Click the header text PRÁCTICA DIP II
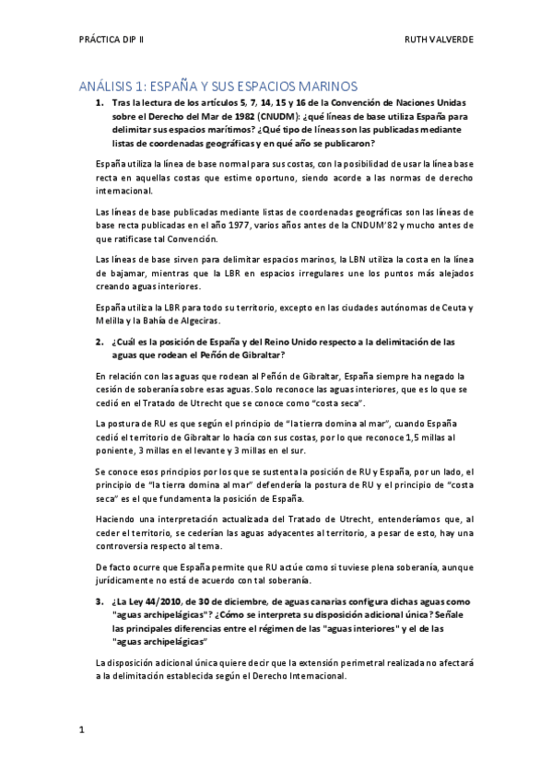112,41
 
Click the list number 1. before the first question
100,104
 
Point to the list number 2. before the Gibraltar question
100,342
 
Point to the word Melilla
112,321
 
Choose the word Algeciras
196,321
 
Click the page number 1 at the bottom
82,731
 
